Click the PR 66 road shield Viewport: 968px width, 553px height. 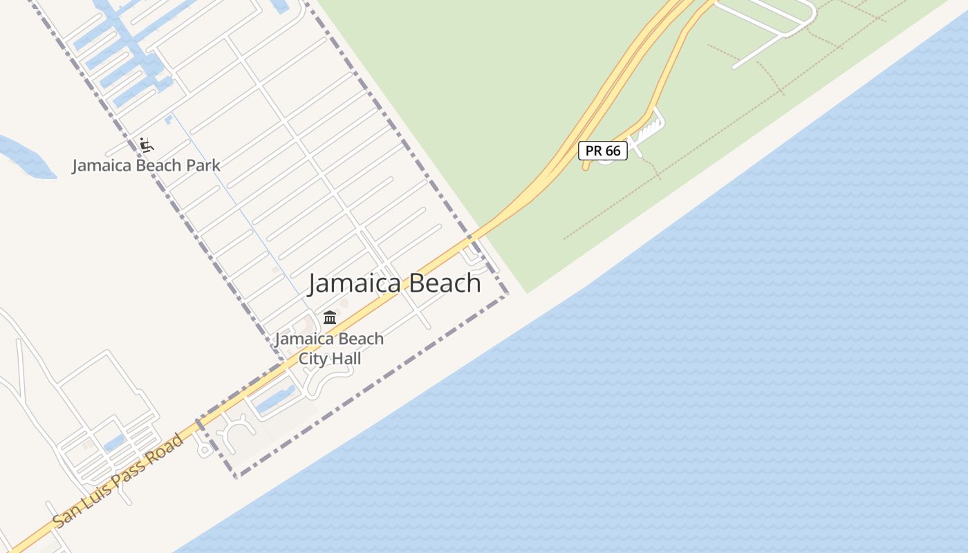pos(603,151)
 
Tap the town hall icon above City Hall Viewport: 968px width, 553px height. pos(330,318)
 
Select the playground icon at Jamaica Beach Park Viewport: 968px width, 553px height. pos(147,145)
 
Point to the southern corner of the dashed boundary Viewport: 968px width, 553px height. pos(236,477)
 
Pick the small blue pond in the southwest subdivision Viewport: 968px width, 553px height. pos(115,442)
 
